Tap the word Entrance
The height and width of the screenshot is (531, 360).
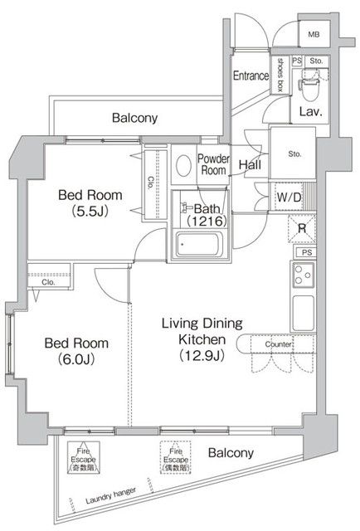[x=251, y=76]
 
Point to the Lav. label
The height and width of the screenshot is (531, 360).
[x=310, y=112]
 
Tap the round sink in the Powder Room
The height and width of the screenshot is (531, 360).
[x=184, y=164]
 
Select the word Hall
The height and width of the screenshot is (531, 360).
[x=251, y=165]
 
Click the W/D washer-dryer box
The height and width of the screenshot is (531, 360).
[x=289, y=197]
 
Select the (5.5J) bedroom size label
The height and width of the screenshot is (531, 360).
[x=90, y=211]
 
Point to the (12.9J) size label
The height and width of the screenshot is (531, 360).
[x=202, y=356]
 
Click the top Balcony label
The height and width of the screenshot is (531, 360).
[x=134, y=119]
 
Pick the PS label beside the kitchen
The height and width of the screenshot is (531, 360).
[x=305, y=252]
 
